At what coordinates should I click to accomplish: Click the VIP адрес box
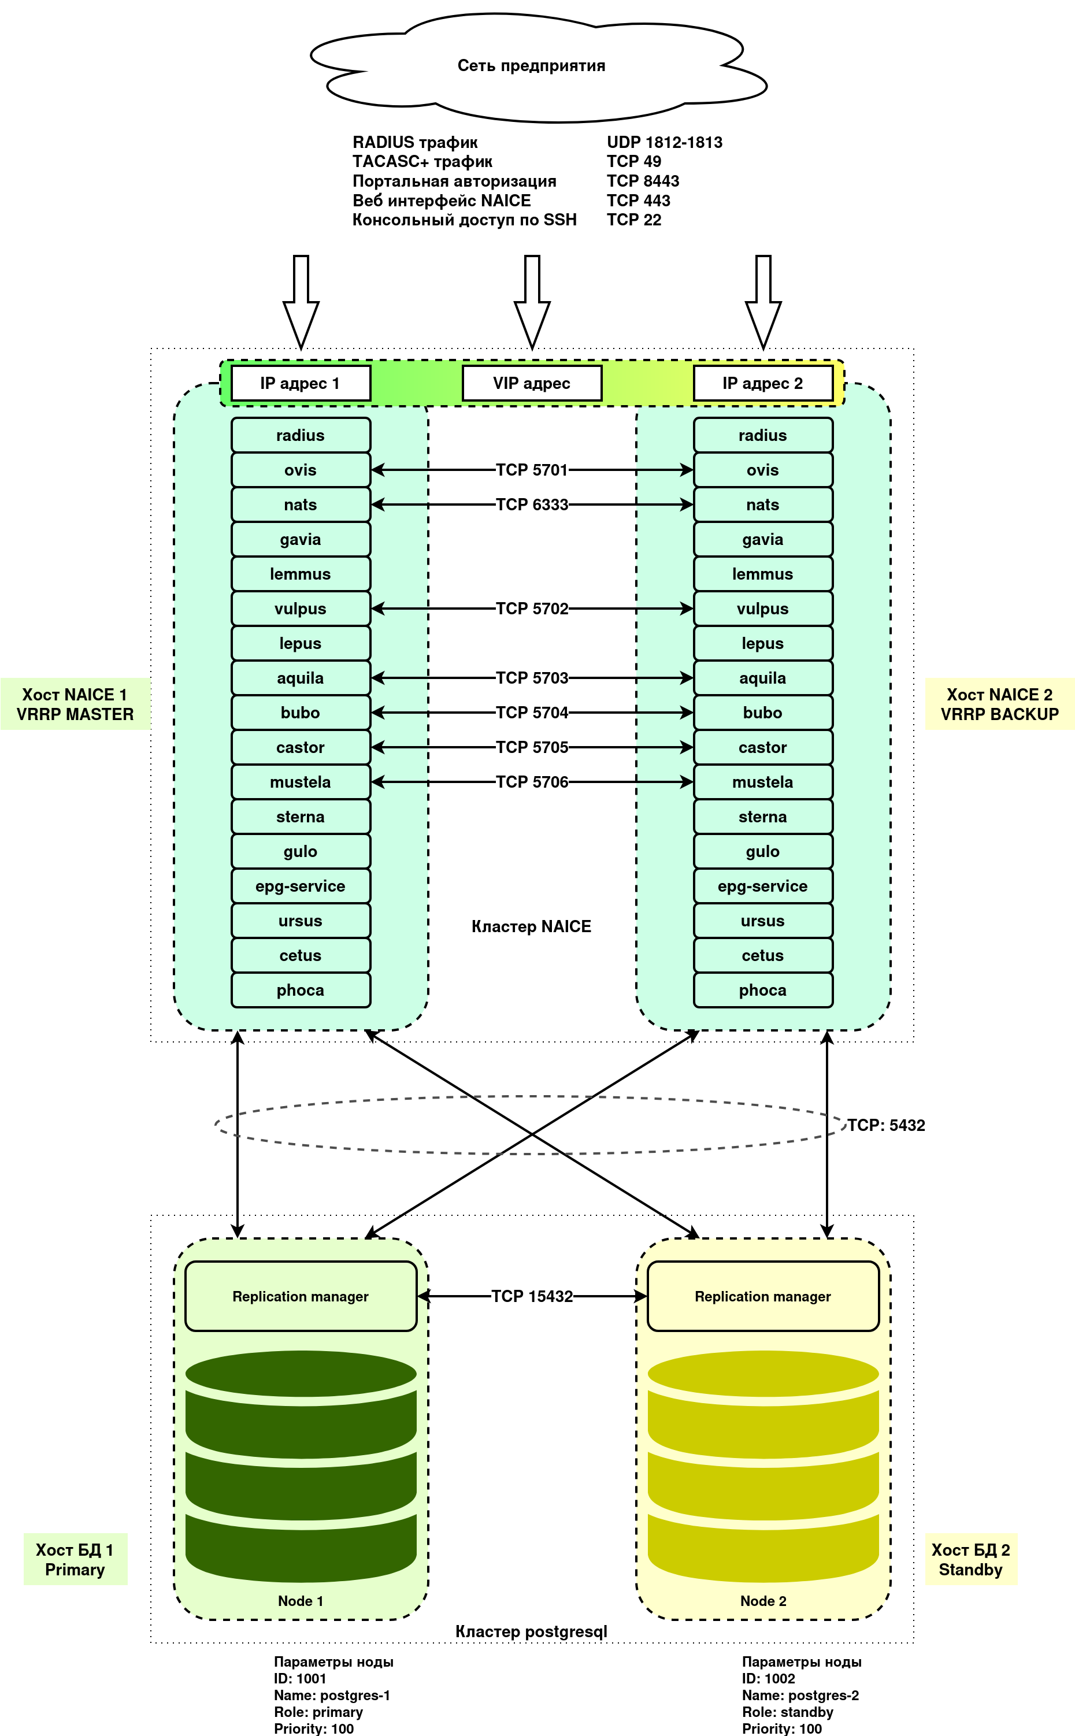point(532,383)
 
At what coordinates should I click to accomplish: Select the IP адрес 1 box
point(301,383)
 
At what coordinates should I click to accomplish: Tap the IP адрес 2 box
point(763,383)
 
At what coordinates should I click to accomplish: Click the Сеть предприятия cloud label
point(531,65)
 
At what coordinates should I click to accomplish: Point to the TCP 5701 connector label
point(532,470)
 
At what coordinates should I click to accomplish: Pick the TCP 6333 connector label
point(532,505)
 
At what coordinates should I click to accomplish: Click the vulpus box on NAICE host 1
point(301,609)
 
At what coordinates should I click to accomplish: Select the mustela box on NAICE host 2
point(763,782)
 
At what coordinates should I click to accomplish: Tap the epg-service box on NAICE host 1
point(301,886)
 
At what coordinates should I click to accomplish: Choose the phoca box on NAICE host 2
point(763,991)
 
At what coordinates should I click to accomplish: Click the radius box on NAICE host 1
point(301,435)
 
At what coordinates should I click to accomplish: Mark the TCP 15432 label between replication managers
point(532,1296)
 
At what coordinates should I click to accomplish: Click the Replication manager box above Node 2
point(763,1296)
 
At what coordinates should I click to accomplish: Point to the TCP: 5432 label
point(886,1125)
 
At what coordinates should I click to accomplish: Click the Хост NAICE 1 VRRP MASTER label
point(75,704)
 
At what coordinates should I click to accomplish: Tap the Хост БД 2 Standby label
point(970,1559)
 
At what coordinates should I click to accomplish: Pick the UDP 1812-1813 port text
point(664,142)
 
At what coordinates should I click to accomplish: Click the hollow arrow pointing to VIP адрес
point(532,302)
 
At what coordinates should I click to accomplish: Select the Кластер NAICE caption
point(531,926)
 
